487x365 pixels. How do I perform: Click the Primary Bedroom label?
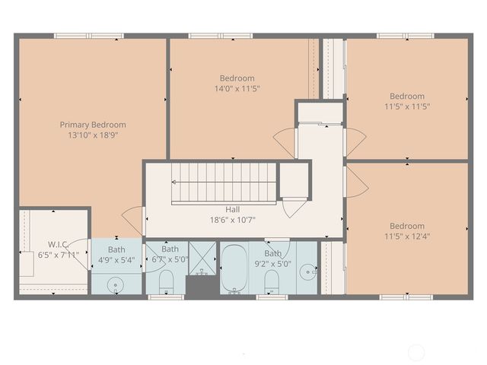93,125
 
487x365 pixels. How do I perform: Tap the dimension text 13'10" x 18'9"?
93,135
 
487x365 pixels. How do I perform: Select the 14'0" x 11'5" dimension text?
237,88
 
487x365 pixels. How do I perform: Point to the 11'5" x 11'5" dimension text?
407,106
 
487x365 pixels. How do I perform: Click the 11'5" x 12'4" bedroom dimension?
407,236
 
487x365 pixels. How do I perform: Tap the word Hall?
233,210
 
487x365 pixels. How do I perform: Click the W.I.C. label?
58,244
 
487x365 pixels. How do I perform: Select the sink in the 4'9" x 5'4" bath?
116,284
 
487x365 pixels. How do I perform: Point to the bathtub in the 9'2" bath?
234,268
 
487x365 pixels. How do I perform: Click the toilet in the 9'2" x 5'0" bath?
271,284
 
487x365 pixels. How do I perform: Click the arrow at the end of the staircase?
174,182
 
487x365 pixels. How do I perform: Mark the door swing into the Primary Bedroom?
132,220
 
